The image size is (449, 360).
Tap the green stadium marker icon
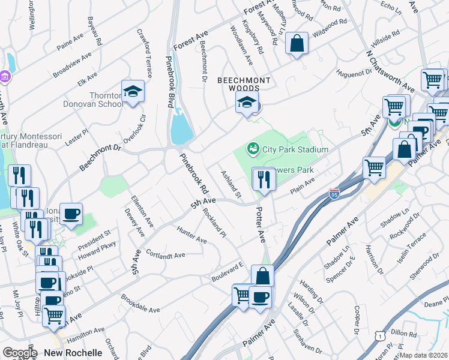tap(253, 148)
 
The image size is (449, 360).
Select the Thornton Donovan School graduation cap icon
tap(133, 92)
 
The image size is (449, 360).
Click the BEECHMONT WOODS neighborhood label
tap(244, 84)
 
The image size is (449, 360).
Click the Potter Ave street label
tap(261, 226)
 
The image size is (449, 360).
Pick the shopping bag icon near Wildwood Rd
tap(297, 43)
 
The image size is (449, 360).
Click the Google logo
tap(20, 353)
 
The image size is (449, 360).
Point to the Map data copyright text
tap(424, 355)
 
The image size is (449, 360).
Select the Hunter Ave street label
tap(191, 235)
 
